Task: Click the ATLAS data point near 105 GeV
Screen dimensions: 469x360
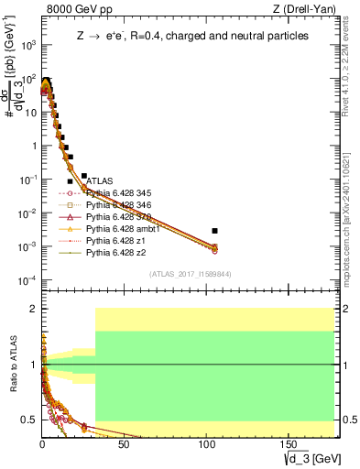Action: [x=214, y=231]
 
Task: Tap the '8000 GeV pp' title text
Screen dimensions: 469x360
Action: [x=77, y=10]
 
